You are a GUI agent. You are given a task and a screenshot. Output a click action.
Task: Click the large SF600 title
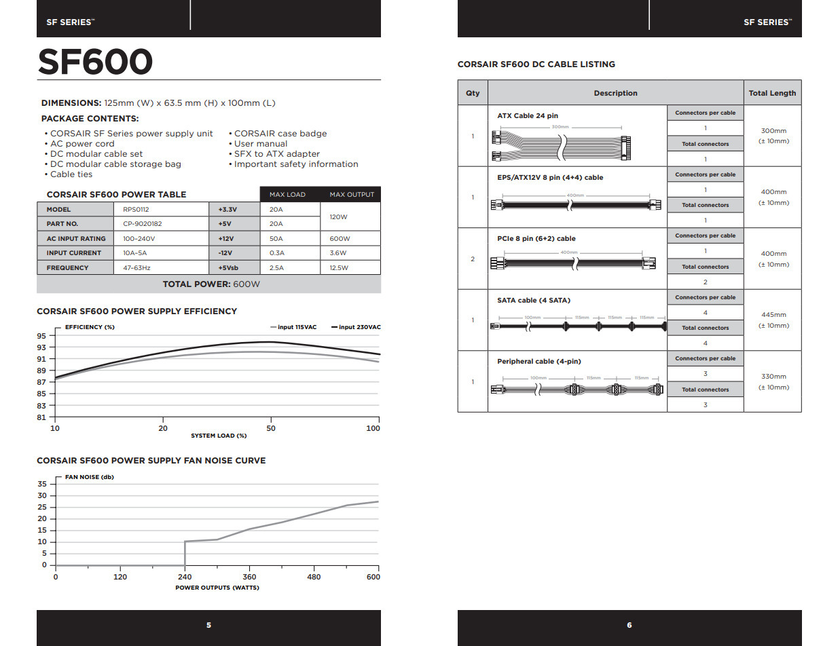[95, 62]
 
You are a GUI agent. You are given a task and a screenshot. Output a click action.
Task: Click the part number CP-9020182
[142, 224]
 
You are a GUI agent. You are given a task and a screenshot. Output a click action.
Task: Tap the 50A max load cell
[276, 239]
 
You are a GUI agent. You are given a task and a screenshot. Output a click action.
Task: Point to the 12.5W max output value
[339, 267]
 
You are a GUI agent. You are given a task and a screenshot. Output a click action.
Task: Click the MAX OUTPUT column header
[351, 195]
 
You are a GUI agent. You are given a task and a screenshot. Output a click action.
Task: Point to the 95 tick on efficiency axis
[42, 336]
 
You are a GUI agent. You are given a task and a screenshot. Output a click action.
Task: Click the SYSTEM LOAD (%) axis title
[219, 436]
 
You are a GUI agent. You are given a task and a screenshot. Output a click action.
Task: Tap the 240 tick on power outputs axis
[184, 577]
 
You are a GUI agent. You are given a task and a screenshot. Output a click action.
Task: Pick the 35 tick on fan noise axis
[42, 484]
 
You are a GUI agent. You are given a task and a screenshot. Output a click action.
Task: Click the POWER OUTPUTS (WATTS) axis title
[217, 588]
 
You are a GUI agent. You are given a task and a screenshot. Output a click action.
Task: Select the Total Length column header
[772, 93]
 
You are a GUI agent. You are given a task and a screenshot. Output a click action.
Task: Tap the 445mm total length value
[773, 315]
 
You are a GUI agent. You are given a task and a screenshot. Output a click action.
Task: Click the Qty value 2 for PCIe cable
[473, 259]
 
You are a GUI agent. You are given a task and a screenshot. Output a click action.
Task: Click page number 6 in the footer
[629, 625]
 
